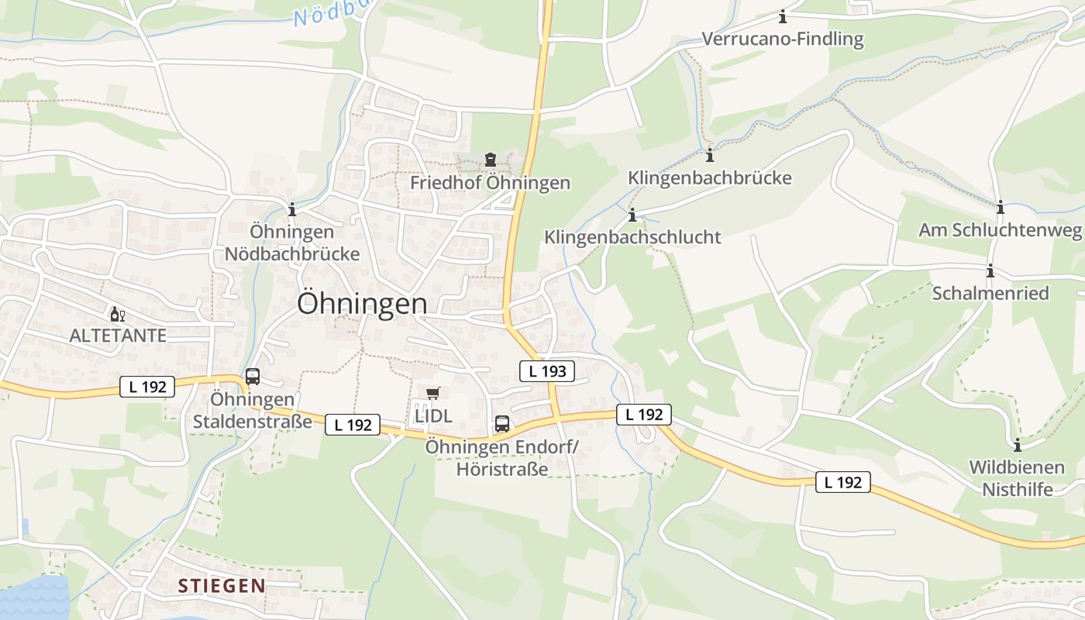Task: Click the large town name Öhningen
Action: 362,304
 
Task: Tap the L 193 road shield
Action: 547,371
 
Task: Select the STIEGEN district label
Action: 222,586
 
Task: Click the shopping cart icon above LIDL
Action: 432,394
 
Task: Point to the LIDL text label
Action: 433,415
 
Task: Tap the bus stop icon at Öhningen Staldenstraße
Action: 253,377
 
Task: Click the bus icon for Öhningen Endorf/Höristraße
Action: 502,424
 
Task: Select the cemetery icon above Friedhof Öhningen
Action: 490,160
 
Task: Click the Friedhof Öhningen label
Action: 490,183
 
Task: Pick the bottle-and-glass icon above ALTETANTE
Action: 118,314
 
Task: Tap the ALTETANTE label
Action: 118,336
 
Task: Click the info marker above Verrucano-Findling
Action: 783,16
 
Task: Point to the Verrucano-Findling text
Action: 783,39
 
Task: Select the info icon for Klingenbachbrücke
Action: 710,154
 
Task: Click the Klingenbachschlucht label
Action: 632,237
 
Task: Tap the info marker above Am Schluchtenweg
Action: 1001,207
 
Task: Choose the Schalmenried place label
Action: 990,293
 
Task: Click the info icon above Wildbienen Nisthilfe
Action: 1018,445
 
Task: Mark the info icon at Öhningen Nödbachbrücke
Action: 292,209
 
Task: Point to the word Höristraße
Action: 502,470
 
